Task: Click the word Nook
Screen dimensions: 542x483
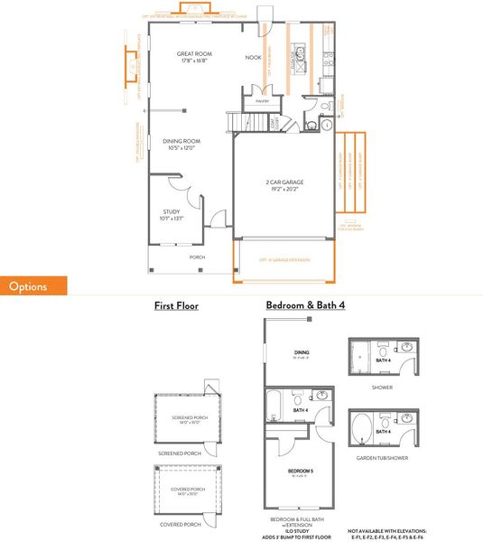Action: pyautogui.click(x=254, y=57)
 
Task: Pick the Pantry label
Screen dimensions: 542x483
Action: pyautogui.click(x=262, y=101)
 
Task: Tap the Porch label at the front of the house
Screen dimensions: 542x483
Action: pyautogui.click(x=197, y=257)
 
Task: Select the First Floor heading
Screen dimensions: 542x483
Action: pyautogui.click(x=176, y=306)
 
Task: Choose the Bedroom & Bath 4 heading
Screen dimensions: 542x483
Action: pyautogui.click(x=305, y=306)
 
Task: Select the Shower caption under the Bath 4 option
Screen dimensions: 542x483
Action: pyautogui.click(x=382, y=389)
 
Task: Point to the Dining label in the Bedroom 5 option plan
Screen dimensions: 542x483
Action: pyautogui.click(x=300, y=353)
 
